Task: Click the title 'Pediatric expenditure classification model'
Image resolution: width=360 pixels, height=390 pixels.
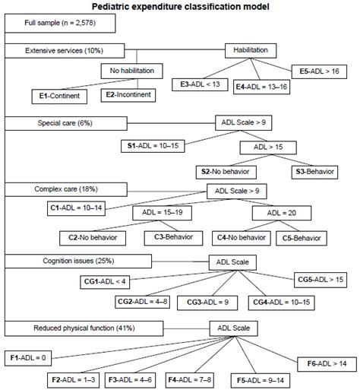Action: (x=180, y=6)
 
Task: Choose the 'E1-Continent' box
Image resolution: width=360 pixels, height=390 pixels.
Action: (x=63, y=97)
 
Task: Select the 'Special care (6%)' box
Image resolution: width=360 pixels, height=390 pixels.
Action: (x=60, y=122)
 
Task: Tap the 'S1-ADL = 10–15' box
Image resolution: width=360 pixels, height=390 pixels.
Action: (x=156, y=143)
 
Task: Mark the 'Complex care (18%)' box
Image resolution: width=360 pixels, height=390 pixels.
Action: (x=61, y=188)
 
